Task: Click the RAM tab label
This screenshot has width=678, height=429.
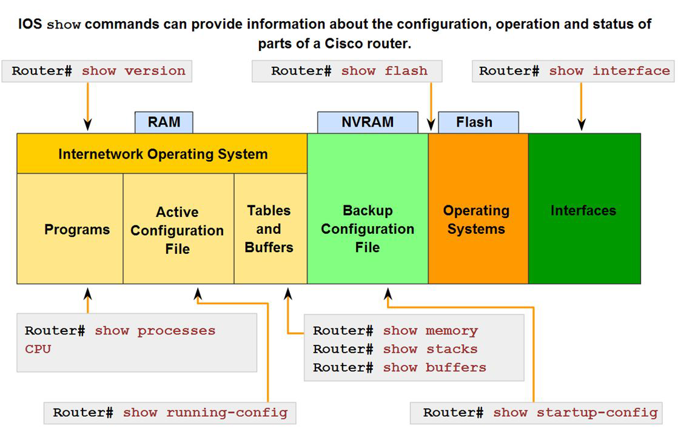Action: coord(164,122)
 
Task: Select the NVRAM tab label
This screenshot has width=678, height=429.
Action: coord(368,122)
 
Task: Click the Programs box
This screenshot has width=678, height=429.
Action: coord(77,230)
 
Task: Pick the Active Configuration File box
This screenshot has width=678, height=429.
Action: coord(177,230)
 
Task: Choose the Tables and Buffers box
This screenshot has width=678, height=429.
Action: coord(269,229)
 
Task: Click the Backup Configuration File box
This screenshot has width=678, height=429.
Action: coord(368,229)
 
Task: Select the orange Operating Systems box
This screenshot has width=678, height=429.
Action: coord(477,220)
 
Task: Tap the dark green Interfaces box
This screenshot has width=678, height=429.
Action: coord(583,211)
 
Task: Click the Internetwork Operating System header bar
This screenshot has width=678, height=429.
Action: coord(163,154)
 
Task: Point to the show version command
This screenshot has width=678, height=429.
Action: coord(133,71)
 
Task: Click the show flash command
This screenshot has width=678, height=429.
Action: coord(384,71)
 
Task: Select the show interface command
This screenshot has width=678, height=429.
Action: coord(609,71)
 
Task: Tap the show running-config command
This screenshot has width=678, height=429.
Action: coord(205,413)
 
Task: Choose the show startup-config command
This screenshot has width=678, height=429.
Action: coord(575,413)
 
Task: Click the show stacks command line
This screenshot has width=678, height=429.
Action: coord(430,349)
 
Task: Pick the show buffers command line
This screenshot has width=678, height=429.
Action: coord(434,367)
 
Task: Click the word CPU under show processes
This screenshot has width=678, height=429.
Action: coord(38,349)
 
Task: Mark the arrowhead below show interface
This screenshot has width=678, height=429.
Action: coord(582,125)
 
